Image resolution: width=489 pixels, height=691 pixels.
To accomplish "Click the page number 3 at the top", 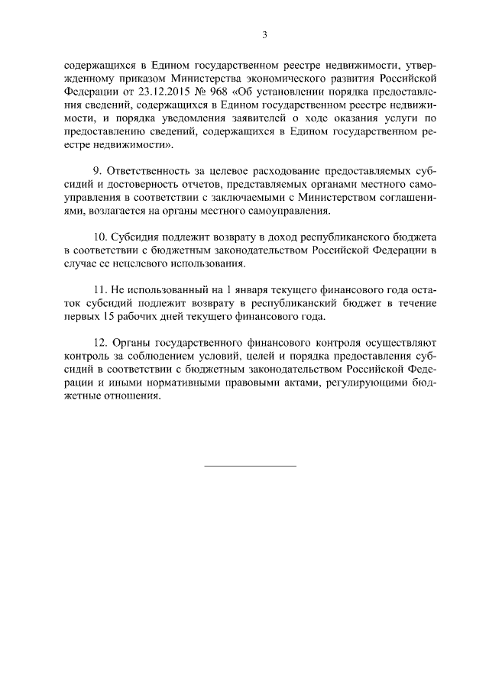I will [x=264, y=34].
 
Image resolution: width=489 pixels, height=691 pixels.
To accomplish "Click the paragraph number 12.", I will [x=99, y=343].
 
